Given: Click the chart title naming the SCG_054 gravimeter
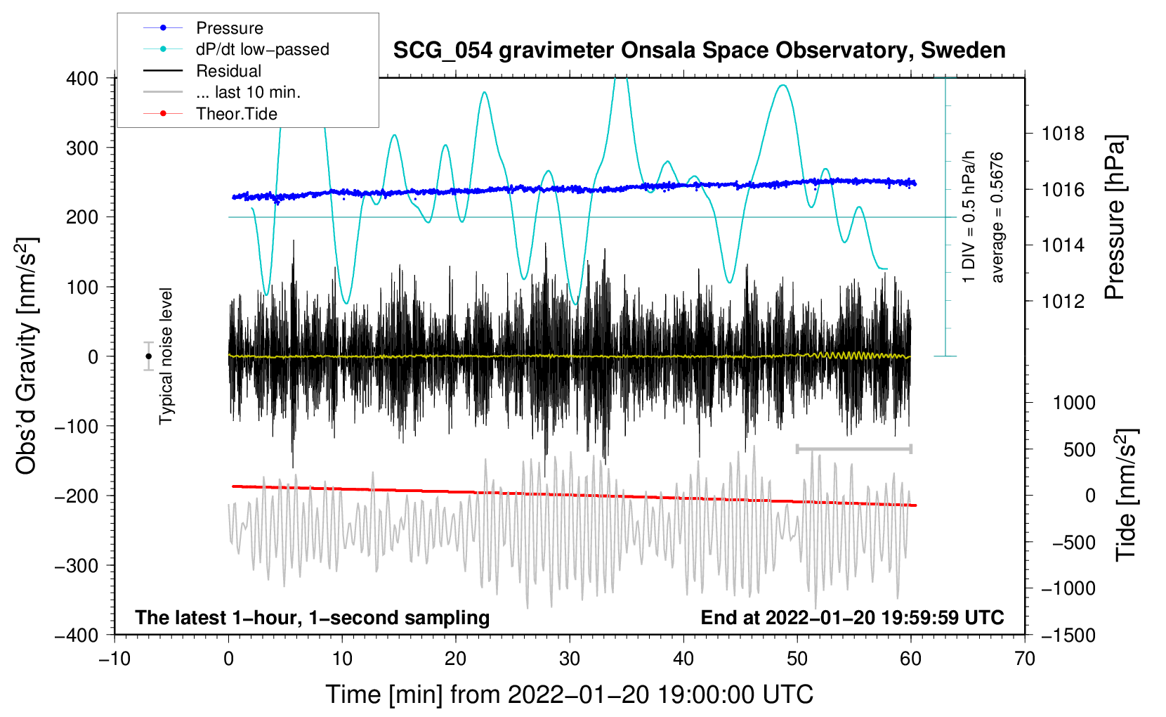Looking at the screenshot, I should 699,51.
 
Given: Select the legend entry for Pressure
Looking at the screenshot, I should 230,28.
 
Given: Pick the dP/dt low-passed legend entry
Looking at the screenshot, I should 262,49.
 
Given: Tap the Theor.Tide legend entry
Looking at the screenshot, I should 237,114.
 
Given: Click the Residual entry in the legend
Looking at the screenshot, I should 228,71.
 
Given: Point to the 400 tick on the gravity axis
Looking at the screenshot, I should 83,79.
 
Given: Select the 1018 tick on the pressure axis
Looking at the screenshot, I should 1063,134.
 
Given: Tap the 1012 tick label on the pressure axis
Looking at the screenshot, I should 1063,302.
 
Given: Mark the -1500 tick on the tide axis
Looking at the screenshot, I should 1068,635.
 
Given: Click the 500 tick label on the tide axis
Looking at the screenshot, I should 1080,450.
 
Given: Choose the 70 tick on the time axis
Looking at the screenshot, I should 1025,659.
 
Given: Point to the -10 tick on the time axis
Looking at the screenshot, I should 114,659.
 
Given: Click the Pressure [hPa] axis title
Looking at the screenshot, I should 1115,218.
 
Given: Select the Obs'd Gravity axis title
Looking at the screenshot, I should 26,356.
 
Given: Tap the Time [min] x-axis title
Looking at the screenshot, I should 569,695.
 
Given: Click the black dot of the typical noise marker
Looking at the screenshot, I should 148,356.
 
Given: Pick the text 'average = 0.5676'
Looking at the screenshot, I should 997,218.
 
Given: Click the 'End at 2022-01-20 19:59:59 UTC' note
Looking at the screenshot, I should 852,617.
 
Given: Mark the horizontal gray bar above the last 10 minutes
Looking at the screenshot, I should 853,448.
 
